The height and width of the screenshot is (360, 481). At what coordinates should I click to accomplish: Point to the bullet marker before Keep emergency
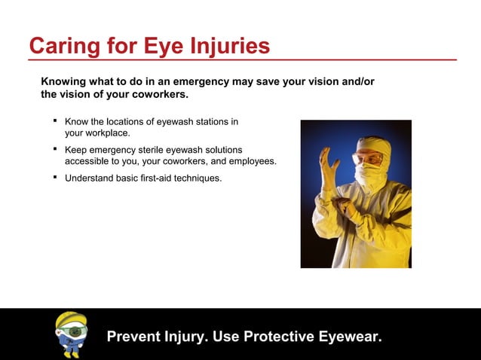click(x=54, y=148)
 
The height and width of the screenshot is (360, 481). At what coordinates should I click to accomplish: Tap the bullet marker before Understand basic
click(x=54, y=177)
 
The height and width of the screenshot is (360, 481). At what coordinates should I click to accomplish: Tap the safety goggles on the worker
click(x=366, y=159)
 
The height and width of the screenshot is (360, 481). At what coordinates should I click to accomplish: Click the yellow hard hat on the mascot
click(x=72, y=319)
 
